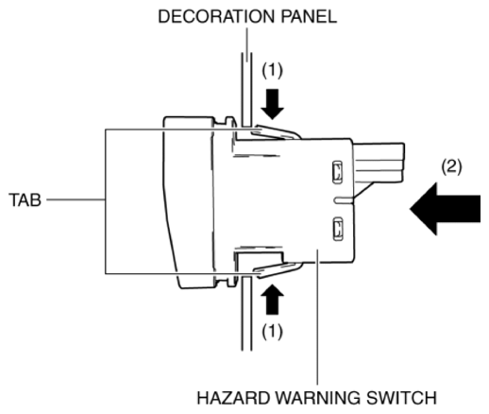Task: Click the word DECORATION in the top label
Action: click(x=216, y=16)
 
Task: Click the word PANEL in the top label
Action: click(x=309, y=16)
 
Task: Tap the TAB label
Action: click(x=25, y=199)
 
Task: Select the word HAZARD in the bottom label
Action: click(x=234, y=398)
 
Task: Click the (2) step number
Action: click(x=451, y=166)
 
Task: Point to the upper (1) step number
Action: click(x=273, y=70)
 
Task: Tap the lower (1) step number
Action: click(x=273, y=332)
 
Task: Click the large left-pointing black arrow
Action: click(x=445, y=209)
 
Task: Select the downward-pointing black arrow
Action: click(x=273, y=104)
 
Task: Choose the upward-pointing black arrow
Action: click(x=273, y=300)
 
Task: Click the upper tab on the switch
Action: click(x=276, y=132)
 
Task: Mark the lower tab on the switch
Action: click(x=277, y=269)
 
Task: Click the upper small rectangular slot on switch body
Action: click(x=337, y=172)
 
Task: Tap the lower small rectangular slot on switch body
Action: click(x=338, y=229)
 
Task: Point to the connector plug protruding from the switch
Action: click(x=379, y=164)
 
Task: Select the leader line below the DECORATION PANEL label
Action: click(x=246, y=45)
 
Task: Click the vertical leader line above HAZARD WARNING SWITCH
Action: click(x=317, y=317)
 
